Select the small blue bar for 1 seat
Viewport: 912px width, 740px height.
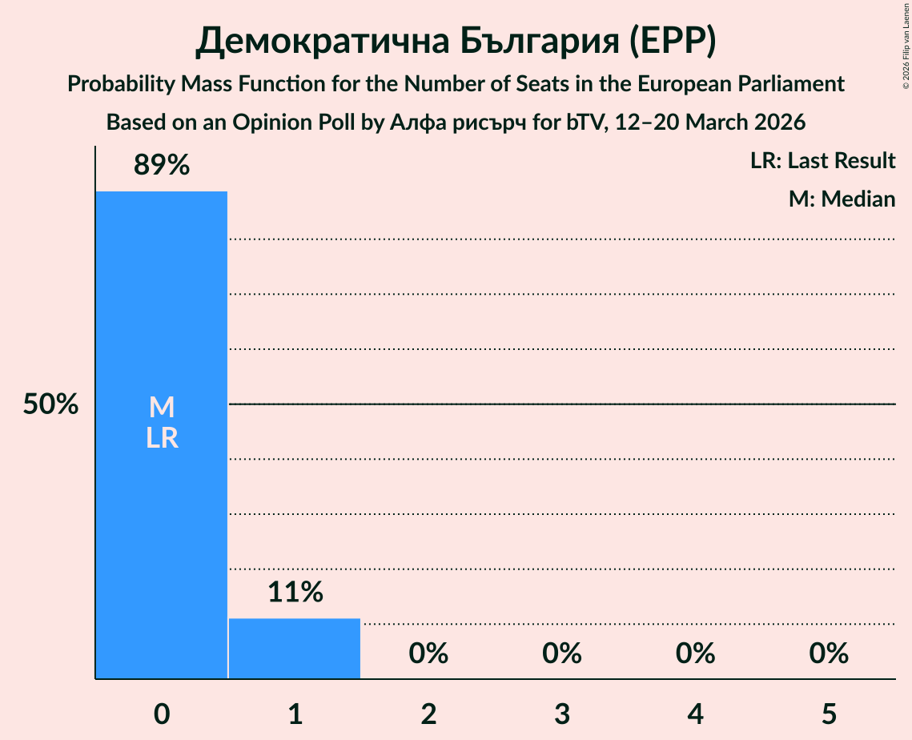[295, 649]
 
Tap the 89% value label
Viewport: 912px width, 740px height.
[162, 165]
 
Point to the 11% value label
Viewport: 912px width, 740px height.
[295, 592]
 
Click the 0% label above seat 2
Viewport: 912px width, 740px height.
[428, 654]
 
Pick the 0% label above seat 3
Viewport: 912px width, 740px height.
[562, 654]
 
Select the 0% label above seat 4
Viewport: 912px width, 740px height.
[695, 654]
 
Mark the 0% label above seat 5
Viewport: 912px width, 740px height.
[829, 654]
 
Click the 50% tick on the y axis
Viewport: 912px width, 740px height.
[50, 404]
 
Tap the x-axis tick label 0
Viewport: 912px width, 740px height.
[162, 714]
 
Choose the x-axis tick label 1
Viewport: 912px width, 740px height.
[295, 714]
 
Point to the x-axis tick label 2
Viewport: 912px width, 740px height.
[428, 714]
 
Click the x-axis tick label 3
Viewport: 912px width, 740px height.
[562, 714]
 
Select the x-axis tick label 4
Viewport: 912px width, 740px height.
[695, 714]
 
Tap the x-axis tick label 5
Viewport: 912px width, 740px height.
[829, 714]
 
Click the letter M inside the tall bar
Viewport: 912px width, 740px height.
[162, 408]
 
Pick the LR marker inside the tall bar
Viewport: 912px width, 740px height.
[162, 438]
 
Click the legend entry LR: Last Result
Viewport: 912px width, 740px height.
[822, 161]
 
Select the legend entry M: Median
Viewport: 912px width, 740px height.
[842, 199]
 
